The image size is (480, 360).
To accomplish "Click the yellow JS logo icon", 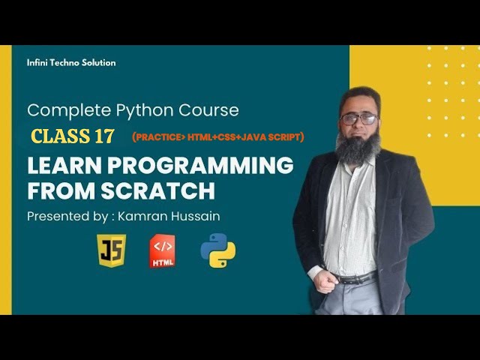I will pos(112,251).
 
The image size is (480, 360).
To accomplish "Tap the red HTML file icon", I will pos(163,251).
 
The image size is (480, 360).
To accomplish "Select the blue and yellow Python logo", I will pos(217,251).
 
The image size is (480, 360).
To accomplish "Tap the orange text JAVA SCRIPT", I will pos(269,137).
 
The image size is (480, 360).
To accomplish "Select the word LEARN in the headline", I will pos(59,166).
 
